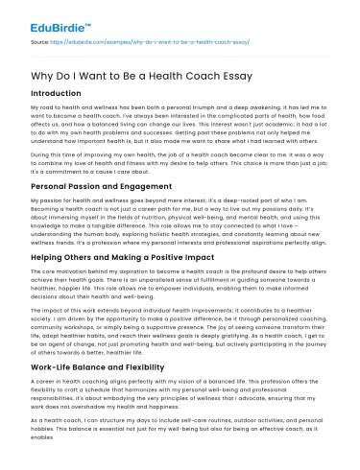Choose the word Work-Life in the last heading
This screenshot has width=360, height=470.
click(58, 369)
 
